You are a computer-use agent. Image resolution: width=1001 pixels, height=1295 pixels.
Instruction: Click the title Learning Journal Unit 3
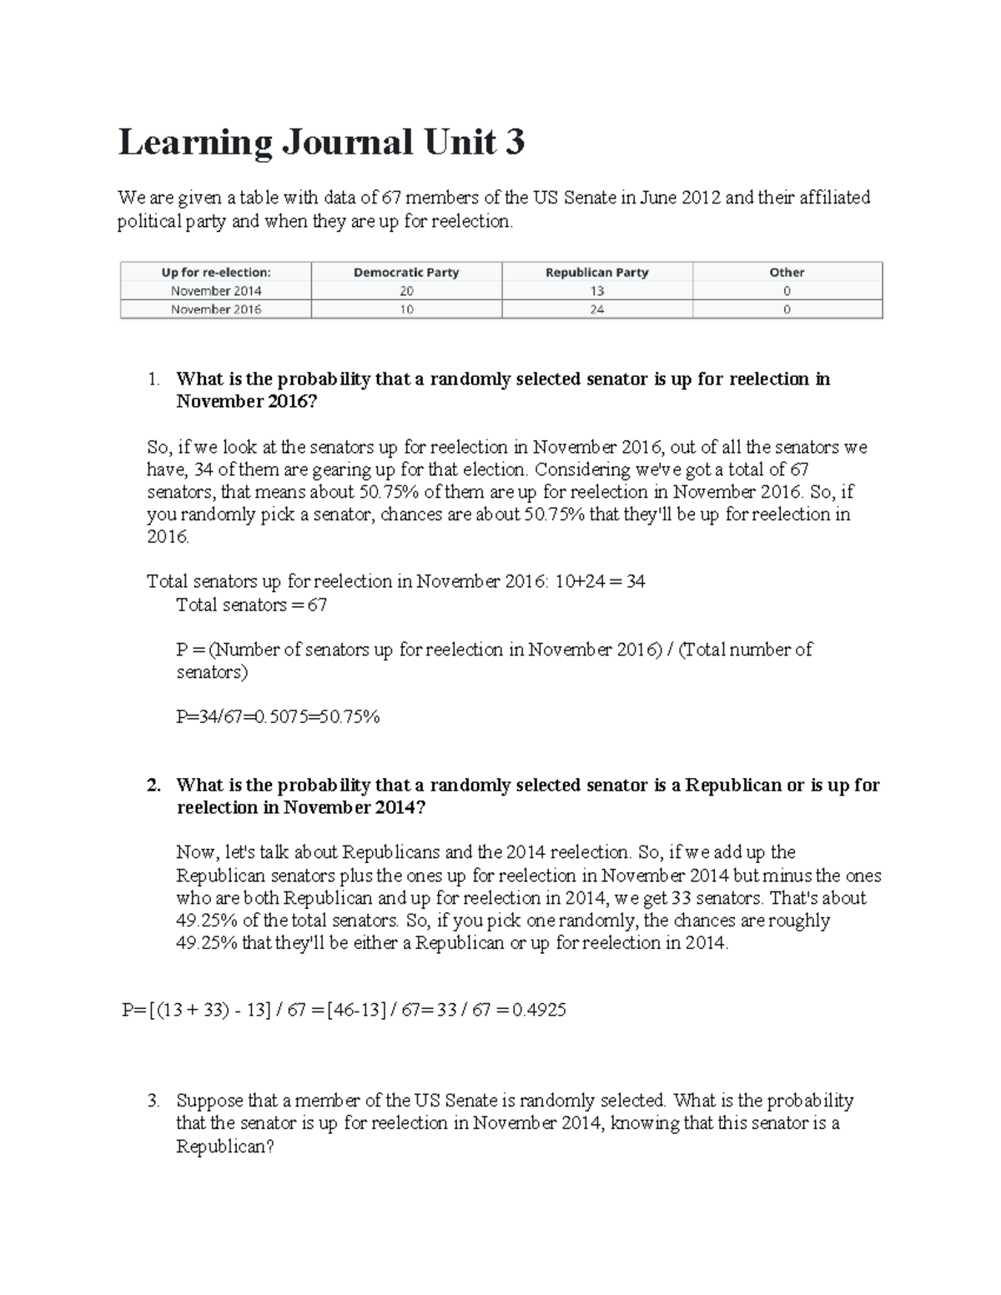pyautogui.click(x=321, y=143)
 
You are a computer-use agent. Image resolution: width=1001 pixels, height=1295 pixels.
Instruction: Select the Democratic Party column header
pyautogui.click(x=406, y=273)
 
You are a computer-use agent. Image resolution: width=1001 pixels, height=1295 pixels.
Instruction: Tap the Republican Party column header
pyautogui.click(x=596, y=273)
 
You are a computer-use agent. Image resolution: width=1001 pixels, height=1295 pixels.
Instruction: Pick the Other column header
pyautogui.click(x=787, y=273)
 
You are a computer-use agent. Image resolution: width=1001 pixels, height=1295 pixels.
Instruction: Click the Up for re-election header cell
pyautogui.click(x=216, y=273)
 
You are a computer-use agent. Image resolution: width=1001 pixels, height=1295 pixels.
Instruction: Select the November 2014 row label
pyautogui.click(x=216, y=291)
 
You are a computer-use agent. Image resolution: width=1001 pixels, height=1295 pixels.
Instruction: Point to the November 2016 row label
pyautogui.click(x=216, y=309)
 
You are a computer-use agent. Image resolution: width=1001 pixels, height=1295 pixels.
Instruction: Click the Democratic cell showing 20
pyautogui.click(x=406, y=291)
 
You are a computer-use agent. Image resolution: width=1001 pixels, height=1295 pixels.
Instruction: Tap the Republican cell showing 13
pyautogui.click(x=596, y=291)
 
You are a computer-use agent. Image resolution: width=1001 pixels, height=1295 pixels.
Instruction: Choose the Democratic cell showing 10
pyautogui.click(x=406, y=309)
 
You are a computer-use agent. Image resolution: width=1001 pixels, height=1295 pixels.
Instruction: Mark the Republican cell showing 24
pyautogui.click(x=596, y=309)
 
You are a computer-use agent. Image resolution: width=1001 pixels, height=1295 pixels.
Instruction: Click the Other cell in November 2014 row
pyautogui.click(x=787, y=291)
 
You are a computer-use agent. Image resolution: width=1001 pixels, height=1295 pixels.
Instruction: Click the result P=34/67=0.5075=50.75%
pyautogui.click(x=278, y=717)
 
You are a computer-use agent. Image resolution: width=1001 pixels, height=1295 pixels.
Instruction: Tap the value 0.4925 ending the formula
pyautogui.click(x=539, y=1011)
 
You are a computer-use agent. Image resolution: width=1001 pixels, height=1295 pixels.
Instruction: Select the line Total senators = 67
pyautogui.click(x=251, y=605)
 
